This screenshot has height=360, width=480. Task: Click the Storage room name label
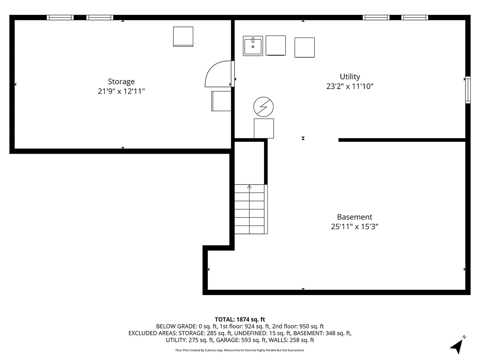click(121, 82)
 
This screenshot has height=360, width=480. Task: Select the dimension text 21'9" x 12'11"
click(121, 92)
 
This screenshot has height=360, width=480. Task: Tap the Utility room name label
click(350, 77)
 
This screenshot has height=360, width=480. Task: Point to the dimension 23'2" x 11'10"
click(350, 86)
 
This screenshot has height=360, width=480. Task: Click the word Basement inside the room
click(354, 217)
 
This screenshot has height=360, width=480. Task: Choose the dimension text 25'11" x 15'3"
click(354, 227)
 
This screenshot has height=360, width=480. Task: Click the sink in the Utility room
click(253, 46)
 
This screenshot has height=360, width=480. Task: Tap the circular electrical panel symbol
click(264, 106)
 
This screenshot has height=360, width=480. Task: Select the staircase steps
click(250, 209)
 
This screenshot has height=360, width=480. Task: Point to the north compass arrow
click(457, 346)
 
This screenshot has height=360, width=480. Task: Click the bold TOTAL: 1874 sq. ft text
click(240, 319)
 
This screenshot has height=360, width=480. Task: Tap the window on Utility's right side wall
click(468, 90)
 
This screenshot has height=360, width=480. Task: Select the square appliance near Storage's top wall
click(183, 36)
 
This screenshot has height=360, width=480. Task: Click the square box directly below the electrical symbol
click(264, 128)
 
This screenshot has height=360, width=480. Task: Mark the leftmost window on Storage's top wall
click(60, 17)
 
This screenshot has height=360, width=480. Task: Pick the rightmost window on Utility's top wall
click(415, 17)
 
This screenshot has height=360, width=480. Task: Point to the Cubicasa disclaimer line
click(240, 350)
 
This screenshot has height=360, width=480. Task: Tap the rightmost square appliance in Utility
click(305, 47)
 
